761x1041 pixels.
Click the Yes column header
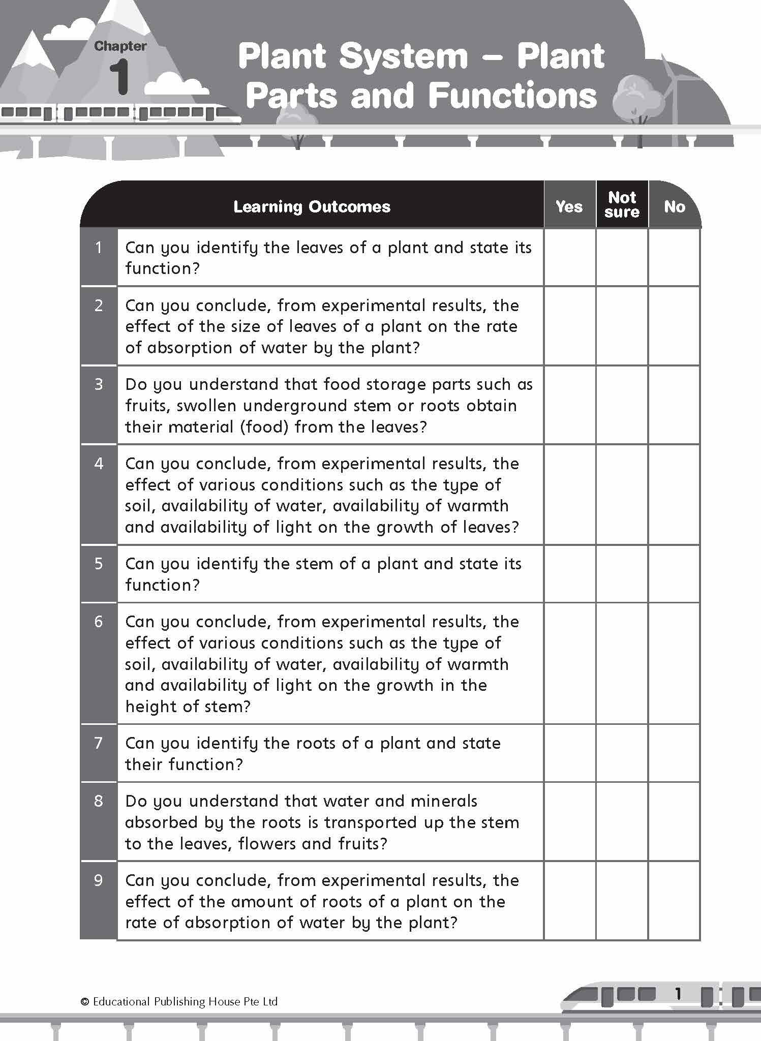click(569, 206)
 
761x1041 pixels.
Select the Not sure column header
click(622, 204)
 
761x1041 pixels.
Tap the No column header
click(674, 206)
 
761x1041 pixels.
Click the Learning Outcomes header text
click(312, 206)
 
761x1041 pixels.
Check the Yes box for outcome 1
click(569, 257)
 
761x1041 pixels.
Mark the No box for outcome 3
click(674, 405)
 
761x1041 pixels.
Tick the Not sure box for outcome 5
click(622, 574)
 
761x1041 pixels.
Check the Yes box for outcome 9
click(569, 901)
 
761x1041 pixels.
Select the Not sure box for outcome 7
click(622, 753)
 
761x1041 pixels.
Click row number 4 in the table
click(99, 464)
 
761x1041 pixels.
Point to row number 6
click(99, 622)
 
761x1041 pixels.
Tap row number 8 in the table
click(99, 801)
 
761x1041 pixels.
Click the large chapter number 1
click(120, 76)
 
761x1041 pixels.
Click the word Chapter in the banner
click(120, 46)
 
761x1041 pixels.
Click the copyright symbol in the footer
click(85, 1002)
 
